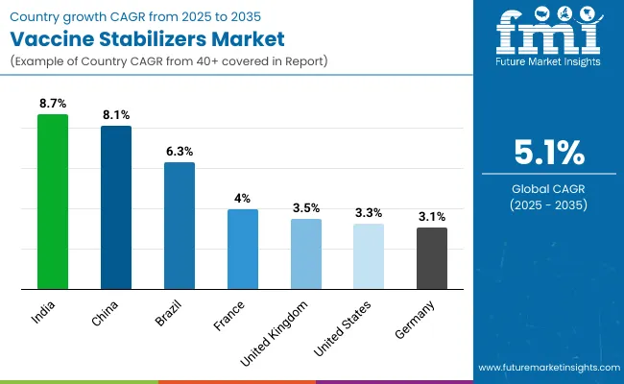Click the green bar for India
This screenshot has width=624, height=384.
pyautogui.click(x=53, y=202)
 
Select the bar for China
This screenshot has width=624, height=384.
pyautogui.click(x=116, y=207)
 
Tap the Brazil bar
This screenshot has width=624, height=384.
pyautogui.click(x=180, y=226)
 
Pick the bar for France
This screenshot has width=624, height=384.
pyautogui.click(x=242, y=249)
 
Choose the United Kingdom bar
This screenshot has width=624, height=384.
pyautogui.click(x=305, y=253)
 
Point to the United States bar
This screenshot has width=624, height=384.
pyautogui.click(x=369, y=256)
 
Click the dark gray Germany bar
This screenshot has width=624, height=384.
pyautogui.click(x=431, y=258)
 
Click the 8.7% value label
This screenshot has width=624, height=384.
pyautogui.click(x=53, y=103)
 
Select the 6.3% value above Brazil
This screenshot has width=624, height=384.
pyautogui.click(x=180, y=151)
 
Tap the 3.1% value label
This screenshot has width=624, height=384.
pyautogui.click(x=431, y=217)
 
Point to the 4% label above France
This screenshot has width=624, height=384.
pyautogui.click(x=242, y=198)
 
